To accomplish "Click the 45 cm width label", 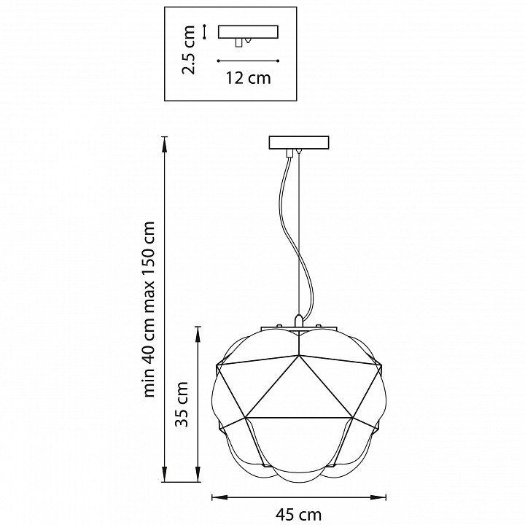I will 299,514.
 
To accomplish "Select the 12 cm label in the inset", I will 249,79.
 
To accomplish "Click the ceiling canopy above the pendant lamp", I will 299,142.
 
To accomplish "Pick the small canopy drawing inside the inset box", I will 249,34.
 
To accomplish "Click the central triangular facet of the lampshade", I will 299,390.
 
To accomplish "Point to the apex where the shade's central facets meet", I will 299,357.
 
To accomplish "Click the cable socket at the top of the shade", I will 299,321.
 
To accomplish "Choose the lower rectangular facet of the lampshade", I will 299,441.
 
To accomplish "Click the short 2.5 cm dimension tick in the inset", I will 205,31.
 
